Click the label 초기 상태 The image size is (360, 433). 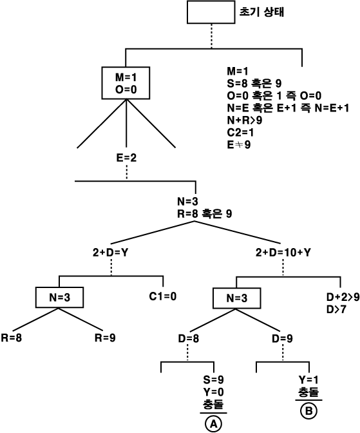point(261,12)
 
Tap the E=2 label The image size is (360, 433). point(126,158)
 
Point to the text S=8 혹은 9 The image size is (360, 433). point(254,83)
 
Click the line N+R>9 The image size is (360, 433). point(245,120)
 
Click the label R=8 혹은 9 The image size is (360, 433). point(205,213)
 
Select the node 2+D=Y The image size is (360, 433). point(110,253)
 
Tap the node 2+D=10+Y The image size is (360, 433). point(283,253)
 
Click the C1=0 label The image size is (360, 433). point(162,296)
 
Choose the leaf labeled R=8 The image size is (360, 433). point(12,338)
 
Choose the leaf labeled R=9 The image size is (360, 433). point(105,338)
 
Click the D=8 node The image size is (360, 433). point(189,338)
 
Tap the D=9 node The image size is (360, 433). point(283,338)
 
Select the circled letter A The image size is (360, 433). point(213,424)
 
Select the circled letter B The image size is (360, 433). point(308,411)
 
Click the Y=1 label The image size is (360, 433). point(308,380)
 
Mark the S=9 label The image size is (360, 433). point(213,380)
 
